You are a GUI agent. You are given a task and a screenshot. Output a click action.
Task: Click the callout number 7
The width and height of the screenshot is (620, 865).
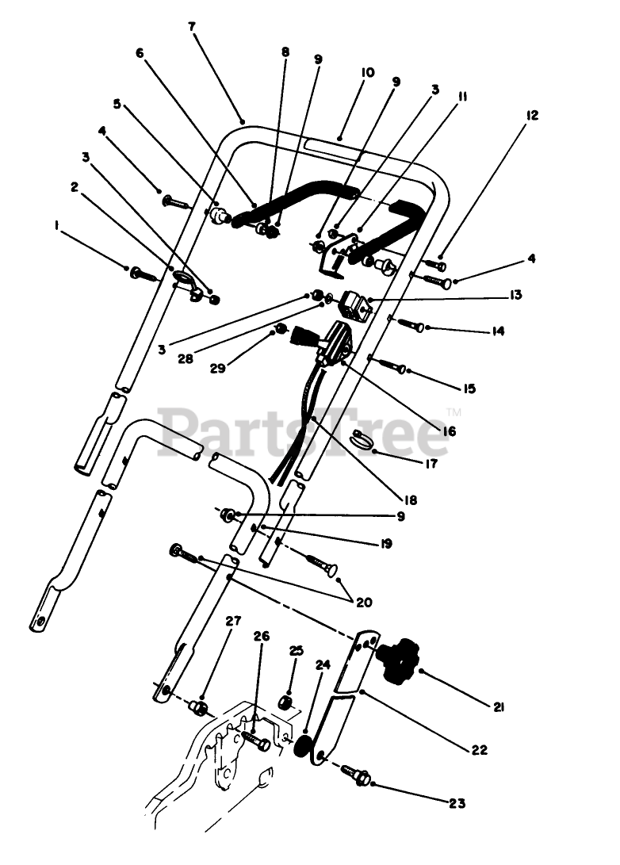191,26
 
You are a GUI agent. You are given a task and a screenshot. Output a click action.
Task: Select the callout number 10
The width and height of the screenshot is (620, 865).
367,72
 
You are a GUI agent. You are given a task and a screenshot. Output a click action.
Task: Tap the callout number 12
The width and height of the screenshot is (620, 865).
531,116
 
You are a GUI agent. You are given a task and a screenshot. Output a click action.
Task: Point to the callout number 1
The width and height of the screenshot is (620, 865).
57,226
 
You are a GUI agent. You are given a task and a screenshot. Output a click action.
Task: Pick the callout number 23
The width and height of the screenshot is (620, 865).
456,803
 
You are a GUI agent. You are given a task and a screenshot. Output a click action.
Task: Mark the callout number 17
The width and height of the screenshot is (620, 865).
431,464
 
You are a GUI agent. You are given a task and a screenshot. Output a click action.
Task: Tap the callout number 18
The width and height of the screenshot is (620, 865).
411,501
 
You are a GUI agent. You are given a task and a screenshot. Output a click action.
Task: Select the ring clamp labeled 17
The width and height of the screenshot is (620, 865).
365,438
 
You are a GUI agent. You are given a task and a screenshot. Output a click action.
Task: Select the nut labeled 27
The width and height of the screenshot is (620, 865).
201,706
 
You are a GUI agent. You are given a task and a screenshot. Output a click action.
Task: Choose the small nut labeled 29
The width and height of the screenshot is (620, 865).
279,329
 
